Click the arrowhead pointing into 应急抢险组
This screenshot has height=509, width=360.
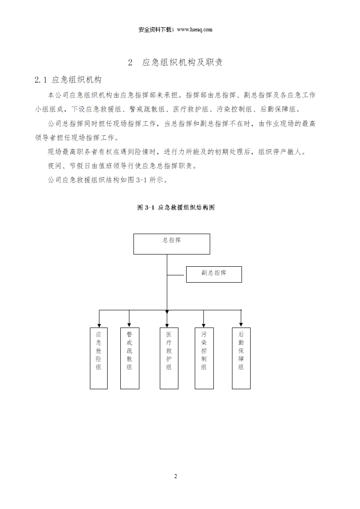99,326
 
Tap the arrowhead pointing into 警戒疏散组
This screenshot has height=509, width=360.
129,325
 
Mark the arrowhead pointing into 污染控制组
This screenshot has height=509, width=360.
204,326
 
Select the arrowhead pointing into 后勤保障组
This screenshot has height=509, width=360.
241,325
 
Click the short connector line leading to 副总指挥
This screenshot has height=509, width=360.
177,275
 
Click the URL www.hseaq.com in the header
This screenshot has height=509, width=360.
195,29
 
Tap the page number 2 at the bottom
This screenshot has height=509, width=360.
175,476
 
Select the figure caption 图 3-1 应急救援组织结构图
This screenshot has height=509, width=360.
176,207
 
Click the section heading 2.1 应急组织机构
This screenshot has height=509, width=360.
68,80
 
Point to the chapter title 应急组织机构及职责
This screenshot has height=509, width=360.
182,62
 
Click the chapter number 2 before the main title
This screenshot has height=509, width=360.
130,62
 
